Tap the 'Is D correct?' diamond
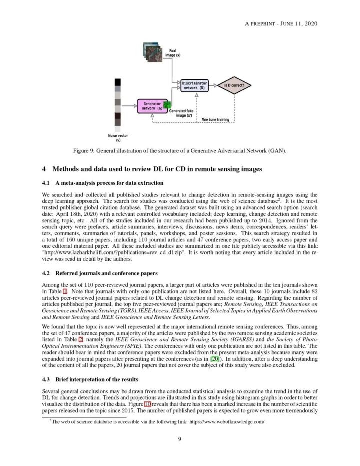[234, 85]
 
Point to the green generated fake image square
[168, 104]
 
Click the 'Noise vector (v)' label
[118, 138]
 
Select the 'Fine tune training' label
[215, 119]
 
